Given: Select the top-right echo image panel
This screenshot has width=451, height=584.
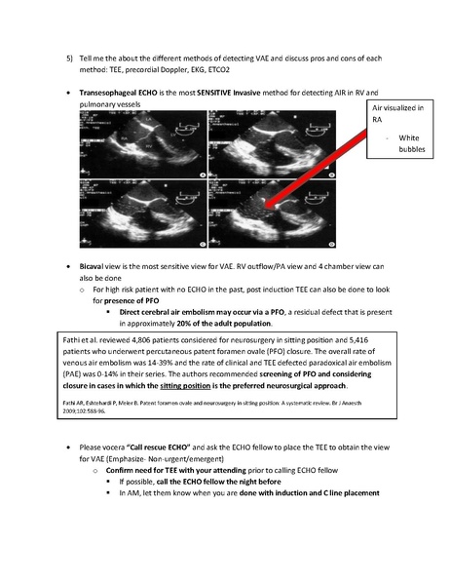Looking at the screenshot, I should click(x=256, y=140).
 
